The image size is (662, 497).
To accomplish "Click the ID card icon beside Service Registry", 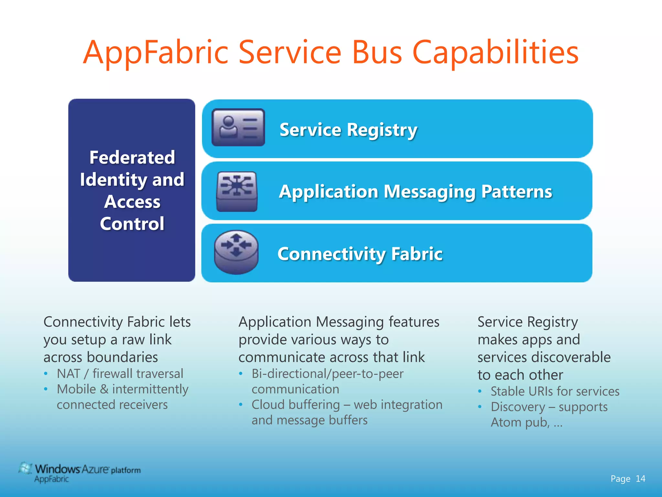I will click(x=238, y=127).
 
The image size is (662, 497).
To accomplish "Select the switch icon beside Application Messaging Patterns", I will click(x=237, y=192).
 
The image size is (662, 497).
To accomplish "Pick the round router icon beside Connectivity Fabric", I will click(x=236, y=252).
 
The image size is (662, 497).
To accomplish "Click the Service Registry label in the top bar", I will click(x=348, y=130).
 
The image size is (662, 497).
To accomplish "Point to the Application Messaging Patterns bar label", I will click(x=415, y=192).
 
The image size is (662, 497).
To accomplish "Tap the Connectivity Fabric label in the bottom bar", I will click(x=360, y=254).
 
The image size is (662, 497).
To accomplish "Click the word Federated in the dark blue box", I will click(x=132, y=158).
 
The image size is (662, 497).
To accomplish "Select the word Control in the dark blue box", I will click(x=132, y=224).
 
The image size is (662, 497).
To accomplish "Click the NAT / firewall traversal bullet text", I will click(x=120, y=374).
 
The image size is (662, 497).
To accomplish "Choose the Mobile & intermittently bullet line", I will click(x=123, y=389).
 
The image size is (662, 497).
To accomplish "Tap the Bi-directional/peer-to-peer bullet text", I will click(x=327, y=374).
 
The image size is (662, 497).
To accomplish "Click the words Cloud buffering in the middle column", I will click(x=295, y=405).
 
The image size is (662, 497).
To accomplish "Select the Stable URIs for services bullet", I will click(x=555, y=392).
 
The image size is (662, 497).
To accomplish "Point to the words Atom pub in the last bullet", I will click(x=519, y=423).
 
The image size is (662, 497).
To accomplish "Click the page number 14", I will click(x=640, y=479).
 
